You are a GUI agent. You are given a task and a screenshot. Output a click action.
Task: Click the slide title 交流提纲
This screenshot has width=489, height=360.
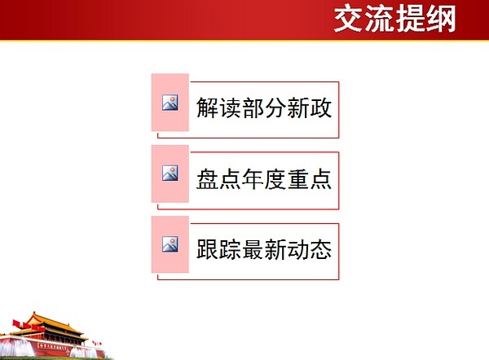click(x=394, y=19)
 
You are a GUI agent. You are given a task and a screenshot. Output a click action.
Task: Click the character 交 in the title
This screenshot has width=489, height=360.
click(x=349, y=19)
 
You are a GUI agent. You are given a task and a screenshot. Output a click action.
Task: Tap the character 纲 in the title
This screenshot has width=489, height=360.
click(x=441, y=19)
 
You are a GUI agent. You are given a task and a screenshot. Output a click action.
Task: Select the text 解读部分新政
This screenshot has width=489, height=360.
click(x=264, y=108)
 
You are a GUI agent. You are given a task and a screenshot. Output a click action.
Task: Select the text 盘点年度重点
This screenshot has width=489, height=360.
click(x=264, y=179)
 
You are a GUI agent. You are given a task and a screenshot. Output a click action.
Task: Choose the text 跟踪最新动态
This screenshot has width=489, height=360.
click(x=264, y=249)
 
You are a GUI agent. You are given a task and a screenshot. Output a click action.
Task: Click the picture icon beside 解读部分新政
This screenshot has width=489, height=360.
click(x=170, y=103)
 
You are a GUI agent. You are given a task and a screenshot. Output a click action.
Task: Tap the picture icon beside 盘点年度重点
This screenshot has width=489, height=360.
click(x=170, y=173)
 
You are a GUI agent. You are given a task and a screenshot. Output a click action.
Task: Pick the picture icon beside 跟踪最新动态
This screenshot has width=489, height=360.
click(x=170, y=244)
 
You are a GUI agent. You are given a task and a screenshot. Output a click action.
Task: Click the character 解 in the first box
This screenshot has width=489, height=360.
click(x=207, y=108)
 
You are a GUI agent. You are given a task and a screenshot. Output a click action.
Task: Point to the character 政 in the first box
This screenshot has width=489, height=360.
click(x=320, y=108)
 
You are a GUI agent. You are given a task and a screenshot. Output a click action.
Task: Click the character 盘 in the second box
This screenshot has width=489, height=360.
click(x=207, y=179)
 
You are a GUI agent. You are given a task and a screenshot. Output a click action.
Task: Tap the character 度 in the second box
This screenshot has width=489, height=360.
click(x=275, y=179)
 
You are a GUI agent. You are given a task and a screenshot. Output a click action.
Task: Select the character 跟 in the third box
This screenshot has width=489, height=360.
click(x=207, y=249)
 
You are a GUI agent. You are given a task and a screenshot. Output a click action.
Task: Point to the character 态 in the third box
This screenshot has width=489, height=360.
click(x=320, y=249)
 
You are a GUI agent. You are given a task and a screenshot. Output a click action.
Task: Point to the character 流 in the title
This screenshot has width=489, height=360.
click(x=380, y=19)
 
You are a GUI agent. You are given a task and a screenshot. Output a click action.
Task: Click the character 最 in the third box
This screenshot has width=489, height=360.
click(x=253, y=249)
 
